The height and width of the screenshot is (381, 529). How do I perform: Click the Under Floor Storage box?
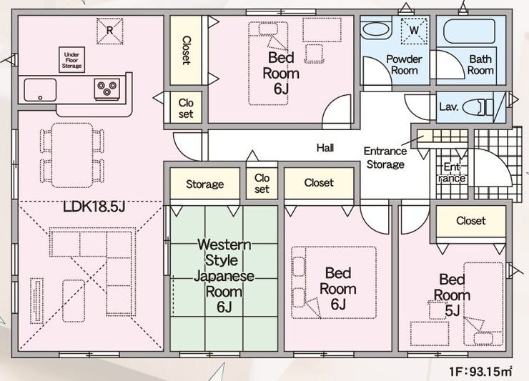click(72, 60)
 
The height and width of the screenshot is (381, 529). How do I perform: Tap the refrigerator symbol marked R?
click(109, 31)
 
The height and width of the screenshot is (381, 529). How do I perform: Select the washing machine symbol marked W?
click(414, 31)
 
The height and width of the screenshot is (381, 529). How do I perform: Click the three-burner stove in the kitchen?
click(107, 89)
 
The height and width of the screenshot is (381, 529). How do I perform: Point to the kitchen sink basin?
click(40, 90)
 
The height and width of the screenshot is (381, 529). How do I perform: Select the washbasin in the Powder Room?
click(377, 31)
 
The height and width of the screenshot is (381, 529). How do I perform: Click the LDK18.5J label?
click(94, 207)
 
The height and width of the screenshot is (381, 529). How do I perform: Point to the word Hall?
click(325, 147)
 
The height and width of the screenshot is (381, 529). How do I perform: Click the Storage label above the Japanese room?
click(204, 184)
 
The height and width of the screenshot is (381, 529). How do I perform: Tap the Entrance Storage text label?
click(385, 157)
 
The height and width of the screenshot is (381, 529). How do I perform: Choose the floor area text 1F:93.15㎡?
click(480, 372)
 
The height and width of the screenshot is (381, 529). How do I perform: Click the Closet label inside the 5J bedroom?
click(470, 221)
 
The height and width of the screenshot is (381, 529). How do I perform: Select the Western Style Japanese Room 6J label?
click(224, 276)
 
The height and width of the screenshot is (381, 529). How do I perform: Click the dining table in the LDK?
click(72, 155)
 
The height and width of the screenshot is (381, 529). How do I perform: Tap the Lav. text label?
click(449, 107)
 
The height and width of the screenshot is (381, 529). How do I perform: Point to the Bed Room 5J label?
click(452, 295)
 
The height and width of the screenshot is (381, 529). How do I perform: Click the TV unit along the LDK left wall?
click(36, 301)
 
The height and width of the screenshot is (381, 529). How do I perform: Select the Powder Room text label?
click(404, 65)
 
